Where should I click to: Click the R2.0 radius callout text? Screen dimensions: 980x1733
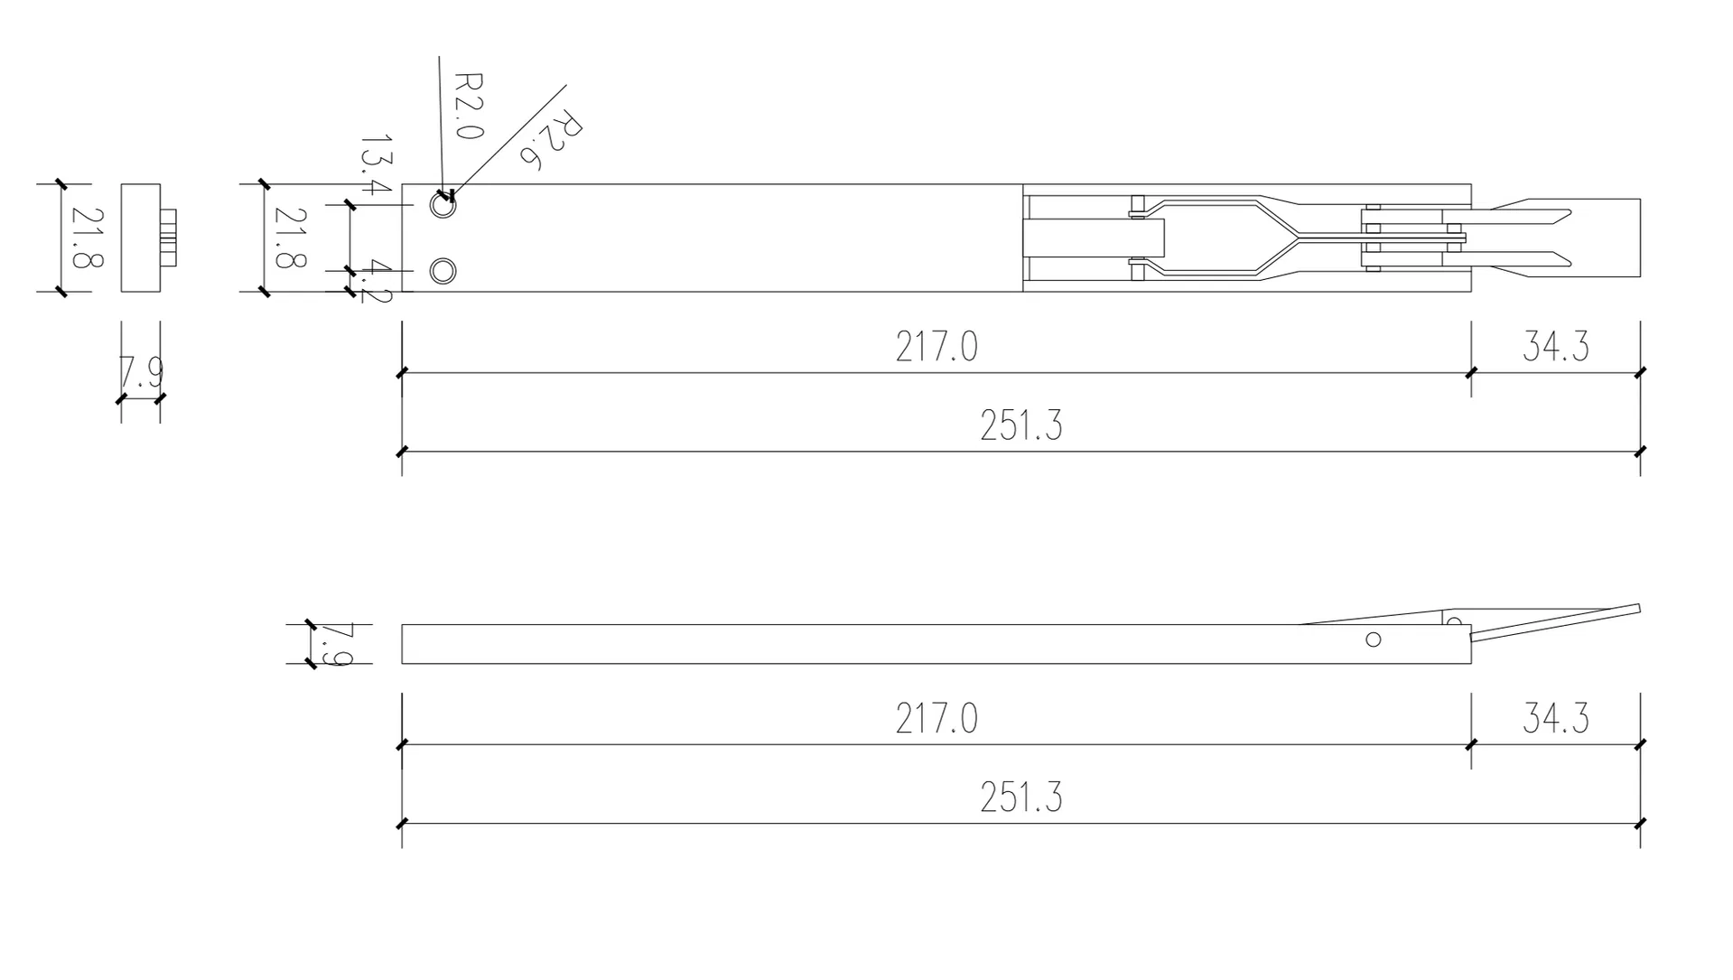(x=468, y=106)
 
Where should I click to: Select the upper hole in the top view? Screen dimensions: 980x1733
(x=443, y=205)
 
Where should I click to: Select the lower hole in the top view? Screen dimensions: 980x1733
(x=443, y=271)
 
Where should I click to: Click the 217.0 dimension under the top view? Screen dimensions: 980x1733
(x=936, y=347)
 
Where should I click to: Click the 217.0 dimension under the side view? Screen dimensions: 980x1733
(x=936, y=719)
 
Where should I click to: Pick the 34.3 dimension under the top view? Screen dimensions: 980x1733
(x=1555, y=347)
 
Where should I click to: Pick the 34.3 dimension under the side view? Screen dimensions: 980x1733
(x=1555, y=719)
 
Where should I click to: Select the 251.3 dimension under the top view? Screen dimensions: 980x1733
(x=1020, y=425)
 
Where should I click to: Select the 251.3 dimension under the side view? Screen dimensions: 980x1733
(x=1020, y=798)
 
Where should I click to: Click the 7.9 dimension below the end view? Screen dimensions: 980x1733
(x=141, y=372)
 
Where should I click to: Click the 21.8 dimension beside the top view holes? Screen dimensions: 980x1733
(x=290, y=238)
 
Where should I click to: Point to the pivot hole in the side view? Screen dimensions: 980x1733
(x=1374, y=639)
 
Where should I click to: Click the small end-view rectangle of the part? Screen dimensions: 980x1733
(x=141, y=238)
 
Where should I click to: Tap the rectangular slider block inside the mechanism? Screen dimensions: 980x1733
(x=1094, y=238)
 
